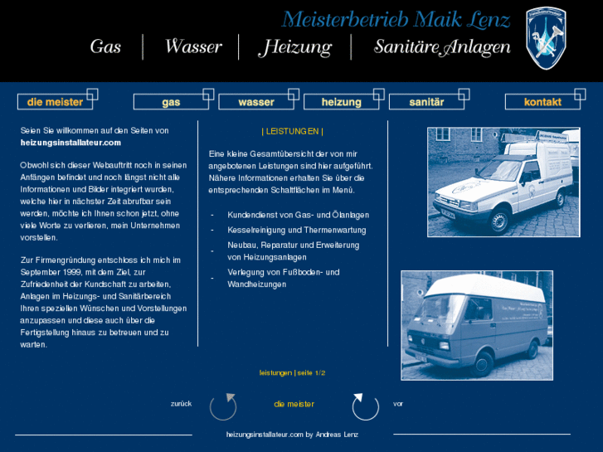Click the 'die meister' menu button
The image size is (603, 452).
(x=55, y=102)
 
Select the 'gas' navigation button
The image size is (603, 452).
(x=171, y=102)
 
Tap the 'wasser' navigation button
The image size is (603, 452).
(x=256, y=102)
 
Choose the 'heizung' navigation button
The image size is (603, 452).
(x=341, y=102)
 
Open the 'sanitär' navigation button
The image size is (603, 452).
(x=426, y=102)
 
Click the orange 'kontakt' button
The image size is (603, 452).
(x=542, y=102)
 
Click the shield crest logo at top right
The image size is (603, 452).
(x=546, y=37)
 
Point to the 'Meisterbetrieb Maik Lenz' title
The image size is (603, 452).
(x=396, y=19)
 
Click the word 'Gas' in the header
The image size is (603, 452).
(x=105, y=47)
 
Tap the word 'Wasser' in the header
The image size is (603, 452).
(x=193, y=47)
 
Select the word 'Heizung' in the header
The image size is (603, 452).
(x=295, y=47)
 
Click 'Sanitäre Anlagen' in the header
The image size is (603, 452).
(x=442, y=47)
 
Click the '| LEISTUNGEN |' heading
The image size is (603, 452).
(x=292, y=131)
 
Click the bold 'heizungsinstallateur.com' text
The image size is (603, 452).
(x=71, y=143)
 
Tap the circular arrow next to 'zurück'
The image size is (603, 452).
(x=223, y=406)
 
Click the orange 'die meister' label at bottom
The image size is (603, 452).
(x=294, y=404)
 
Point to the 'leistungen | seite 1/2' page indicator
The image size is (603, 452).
(x=292, y=373)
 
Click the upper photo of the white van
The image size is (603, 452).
(x=503, y=182)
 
